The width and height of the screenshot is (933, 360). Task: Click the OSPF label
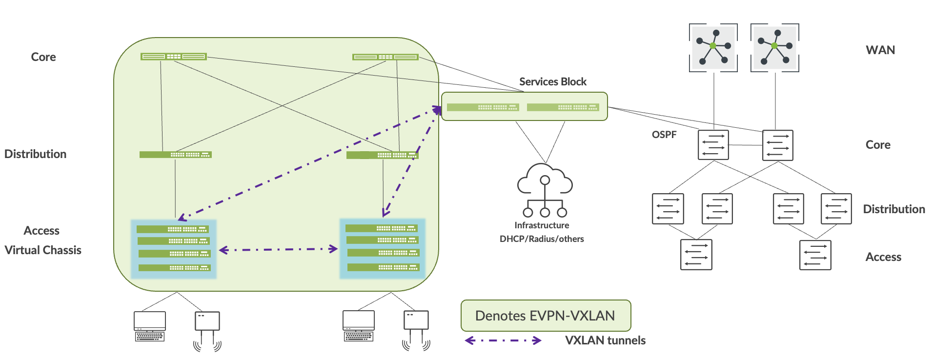pyautogui.click(x=664, y=135)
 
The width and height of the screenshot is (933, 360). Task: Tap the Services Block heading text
pyautogui.click(x=552, y=82)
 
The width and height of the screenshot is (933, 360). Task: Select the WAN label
pyautogui.click(x=880, y=50)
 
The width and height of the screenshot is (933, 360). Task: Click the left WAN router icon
pyautogui.click(x=713, y=47)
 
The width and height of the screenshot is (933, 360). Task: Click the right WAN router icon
pyautogui.click(x=774, y=47)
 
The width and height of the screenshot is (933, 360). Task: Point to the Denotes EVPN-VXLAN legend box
pyautogui.click(x=546, y=316)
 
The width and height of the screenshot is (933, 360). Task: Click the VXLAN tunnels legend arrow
pyautogui.click(x=503, y=340)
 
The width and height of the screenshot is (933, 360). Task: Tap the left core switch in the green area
pyautogui.click(x=173, y=57)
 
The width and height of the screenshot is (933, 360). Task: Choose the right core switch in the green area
pyautogui.click(x=385, y=57)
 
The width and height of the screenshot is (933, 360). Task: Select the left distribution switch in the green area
pyautogui.click(x=175, y=155)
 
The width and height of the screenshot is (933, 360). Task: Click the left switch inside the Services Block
pyautogui.click(x=483, y=107)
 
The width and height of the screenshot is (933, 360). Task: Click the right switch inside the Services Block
pyautogui.click(x=563, y=107)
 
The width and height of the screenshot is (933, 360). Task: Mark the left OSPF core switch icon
pyautogui.click(x=713, y=145)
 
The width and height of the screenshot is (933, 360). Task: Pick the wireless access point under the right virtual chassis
pyautogui.click(x=416, y=329)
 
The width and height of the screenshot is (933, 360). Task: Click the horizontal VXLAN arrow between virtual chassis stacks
pyautogui.click(x=278, y=250)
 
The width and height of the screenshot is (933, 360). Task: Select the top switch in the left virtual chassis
pyautogui.click(x=173, y=229)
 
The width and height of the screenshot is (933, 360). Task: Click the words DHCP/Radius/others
pyautogui.click(x=542, y=239)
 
